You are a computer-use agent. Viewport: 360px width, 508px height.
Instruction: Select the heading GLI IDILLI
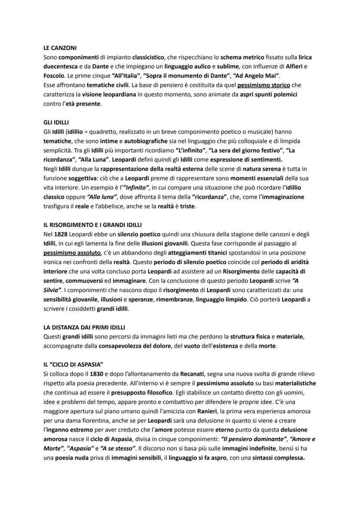pyautogui.click(x=57, y=123)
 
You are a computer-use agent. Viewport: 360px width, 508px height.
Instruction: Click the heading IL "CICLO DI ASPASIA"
pyautogui.click(x=76, y=364)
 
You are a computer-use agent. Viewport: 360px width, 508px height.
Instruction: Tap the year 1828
pyautogui.click(x=61, y=234)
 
